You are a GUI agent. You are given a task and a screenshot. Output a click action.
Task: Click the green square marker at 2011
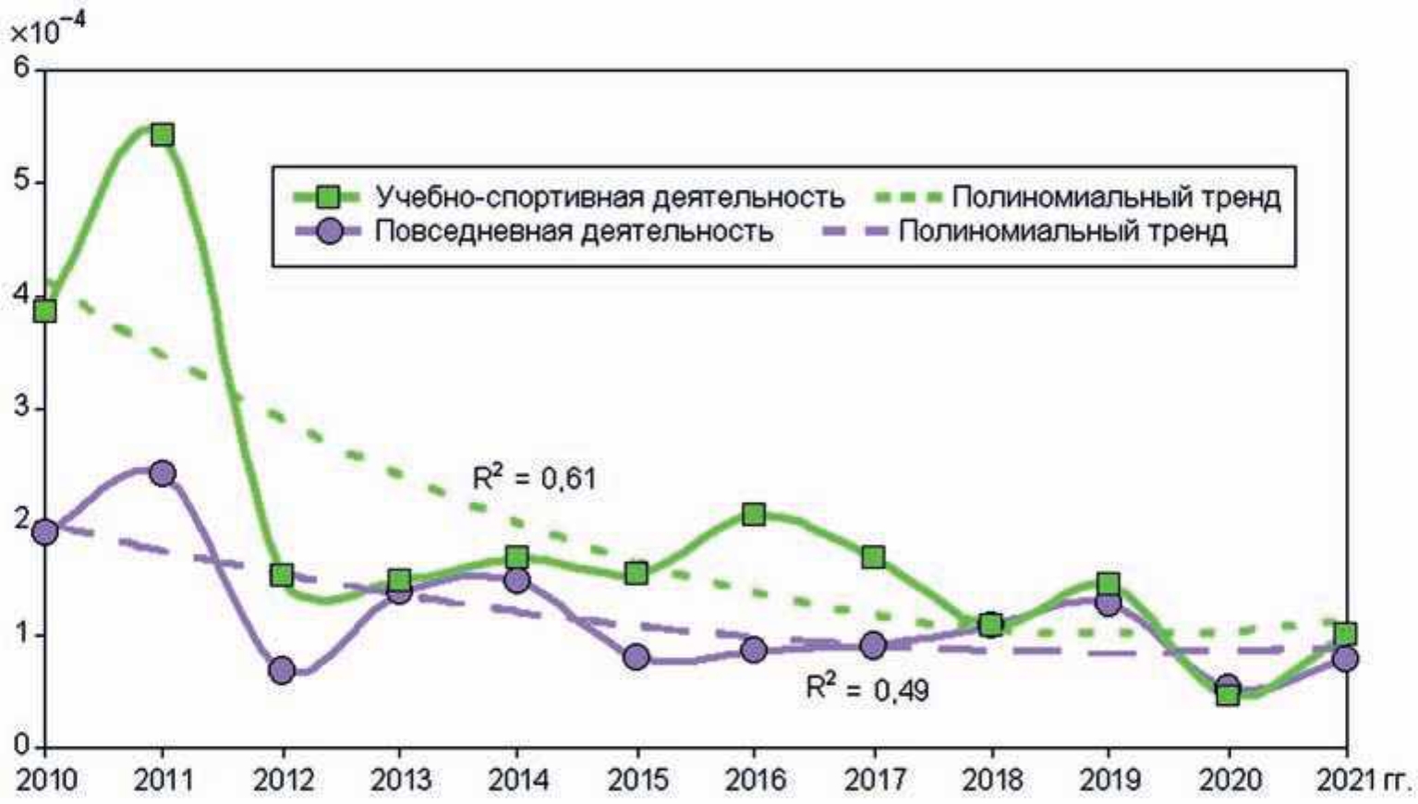point(163,135)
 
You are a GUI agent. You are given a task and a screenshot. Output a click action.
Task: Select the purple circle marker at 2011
point(163,473)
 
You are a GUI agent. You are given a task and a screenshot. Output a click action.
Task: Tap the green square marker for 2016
point(754,514)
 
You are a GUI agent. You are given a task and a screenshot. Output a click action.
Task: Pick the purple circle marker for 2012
point(283,670)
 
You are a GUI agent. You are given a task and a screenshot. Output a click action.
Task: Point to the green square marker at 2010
point(44,311)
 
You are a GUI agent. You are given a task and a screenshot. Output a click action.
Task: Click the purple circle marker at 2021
point(1346,659)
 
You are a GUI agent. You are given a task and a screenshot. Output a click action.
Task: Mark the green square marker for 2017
point(873,557)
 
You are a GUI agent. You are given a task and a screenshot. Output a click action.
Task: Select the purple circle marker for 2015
point(636,658)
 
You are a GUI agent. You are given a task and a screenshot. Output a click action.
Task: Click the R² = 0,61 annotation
point(534,478)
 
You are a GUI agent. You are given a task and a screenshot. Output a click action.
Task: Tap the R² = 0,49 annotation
point(867,688)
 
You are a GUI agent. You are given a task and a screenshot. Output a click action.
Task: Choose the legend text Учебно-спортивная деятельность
point(610,197)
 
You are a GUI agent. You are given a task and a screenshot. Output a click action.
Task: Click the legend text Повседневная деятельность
point(574,231)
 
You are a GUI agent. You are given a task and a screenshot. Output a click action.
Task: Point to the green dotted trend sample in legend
point(907,197)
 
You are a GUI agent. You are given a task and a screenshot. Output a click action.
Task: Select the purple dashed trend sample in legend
point(854,231)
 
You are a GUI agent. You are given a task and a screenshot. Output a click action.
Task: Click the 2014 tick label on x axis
point(518,780)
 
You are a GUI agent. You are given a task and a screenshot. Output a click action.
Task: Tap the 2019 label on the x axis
point(1109,780)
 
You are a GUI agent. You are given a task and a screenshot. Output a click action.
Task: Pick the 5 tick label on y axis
point(22,180)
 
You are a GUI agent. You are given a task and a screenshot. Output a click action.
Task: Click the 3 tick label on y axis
point(22,407)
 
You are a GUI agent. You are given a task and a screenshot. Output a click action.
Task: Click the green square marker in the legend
point(328,197)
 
